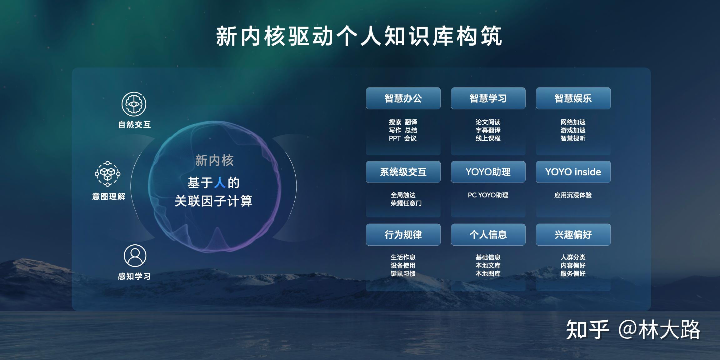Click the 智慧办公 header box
click(x=403, y=98)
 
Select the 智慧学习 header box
click(x=488, y=98)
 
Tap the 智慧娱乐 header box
click(x=573, y=98)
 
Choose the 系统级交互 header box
click(x=403, y=172)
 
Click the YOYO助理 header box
click(x=488, y=172)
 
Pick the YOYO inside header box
click(x=573, y=172)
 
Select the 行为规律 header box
click(x=403, y=234)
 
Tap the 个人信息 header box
click(x=488, y=234)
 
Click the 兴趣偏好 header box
click(x=573, y=234)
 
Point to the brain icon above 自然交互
click(x=134, y=104)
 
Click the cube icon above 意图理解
click(x=107, y=174)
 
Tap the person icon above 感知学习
click(x=135, y=256)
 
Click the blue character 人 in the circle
click(x=220, y=182)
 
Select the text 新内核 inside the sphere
click(x=214, y=161)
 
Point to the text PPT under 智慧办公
click(x=395, y=138)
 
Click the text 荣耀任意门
click(x=406, y=203)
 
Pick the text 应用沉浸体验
click(x=573, y=195)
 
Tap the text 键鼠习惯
click(x=403, y=273)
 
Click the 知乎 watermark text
click(x=588, y=330)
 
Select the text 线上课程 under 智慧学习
click(x=488, y=138)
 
